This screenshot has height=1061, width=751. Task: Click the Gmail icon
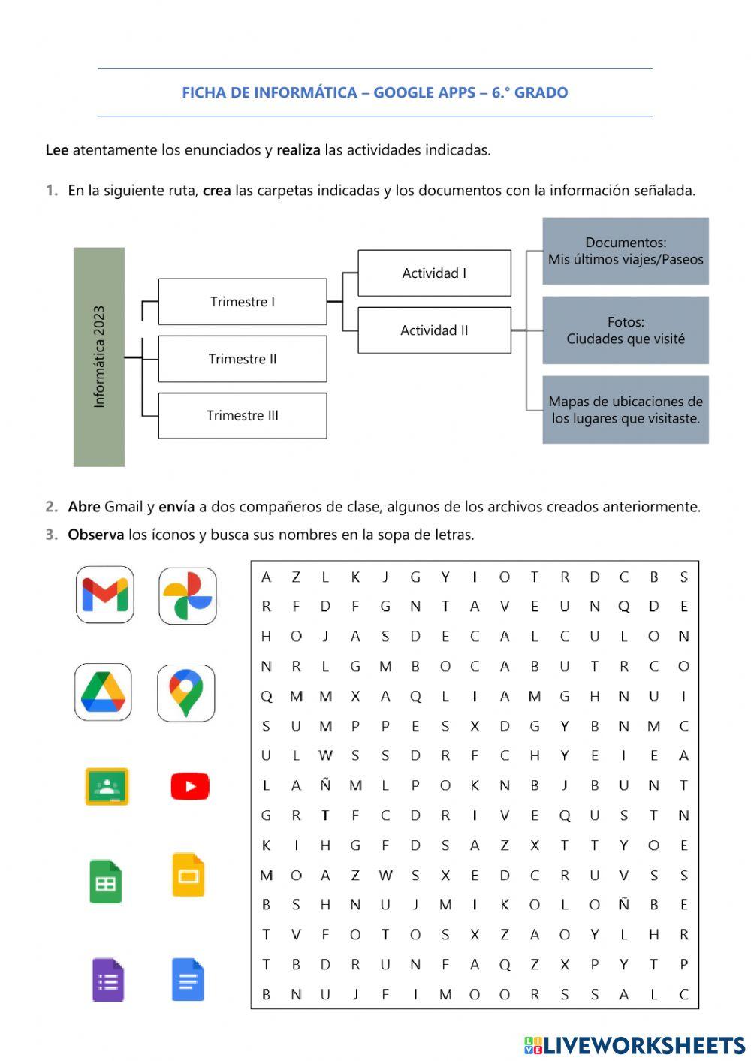105,595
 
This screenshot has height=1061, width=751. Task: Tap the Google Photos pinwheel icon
188,596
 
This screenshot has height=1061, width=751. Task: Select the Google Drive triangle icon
104,692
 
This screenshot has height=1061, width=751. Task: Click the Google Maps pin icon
185,692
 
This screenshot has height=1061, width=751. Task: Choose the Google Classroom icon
107,786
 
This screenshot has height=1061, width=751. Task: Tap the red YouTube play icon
189,786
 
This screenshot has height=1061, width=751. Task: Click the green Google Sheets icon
106,882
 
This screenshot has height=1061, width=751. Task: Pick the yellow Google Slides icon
188,875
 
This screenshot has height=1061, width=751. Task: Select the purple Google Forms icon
107,979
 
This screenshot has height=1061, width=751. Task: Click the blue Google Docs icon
188,979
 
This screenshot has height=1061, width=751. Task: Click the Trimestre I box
242,302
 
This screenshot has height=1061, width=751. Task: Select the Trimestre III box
242,415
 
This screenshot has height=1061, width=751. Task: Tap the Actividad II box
434,330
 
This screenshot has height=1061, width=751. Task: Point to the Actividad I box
434,273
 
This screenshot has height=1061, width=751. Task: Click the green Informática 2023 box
99,357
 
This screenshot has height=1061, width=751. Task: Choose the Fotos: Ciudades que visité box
625,330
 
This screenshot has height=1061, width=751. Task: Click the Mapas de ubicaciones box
625,410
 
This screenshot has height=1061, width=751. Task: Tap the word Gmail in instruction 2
123,507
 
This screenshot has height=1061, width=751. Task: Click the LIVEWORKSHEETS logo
635,1045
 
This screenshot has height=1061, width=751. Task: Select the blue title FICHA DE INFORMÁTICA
375,93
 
